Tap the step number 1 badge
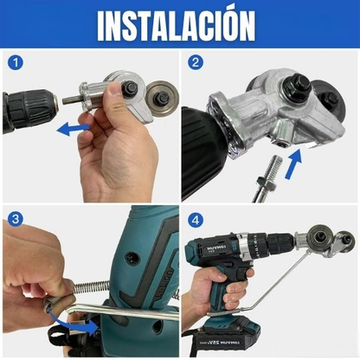click(14, 62)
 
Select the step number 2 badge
click(196, 62)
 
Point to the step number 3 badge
click(14, 220)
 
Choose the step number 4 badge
click(196, 220)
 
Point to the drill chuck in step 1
click(30, 110)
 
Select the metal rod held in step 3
click(130, 308)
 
